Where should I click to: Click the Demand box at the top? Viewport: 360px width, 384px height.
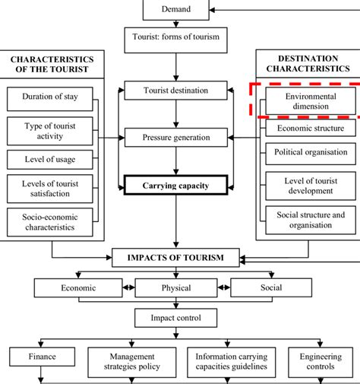click(x=176, y=10)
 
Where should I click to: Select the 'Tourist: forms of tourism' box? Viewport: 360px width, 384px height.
click(x=176, y=40)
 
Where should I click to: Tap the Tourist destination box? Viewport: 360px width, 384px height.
click(x=176, y=91)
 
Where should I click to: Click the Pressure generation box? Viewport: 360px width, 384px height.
click(x=176, y=138)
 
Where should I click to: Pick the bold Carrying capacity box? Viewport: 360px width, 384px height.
click(x=176, y=184)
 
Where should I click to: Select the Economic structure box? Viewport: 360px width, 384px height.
click(x=307, y=129)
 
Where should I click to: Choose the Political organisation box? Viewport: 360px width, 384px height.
click(x=307, y=151)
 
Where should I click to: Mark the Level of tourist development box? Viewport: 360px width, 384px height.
click(x=307, y=186)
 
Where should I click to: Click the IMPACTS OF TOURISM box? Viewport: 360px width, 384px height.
click(x=176, y=258)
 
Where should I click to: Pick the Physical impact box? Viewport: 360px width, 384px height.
click(x=176, y=288)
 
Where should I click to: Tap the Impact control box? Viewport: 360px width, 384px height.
click(x=176, y=317)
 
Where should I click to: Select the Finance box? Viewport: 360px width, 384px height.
click(x=43, y=355)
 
